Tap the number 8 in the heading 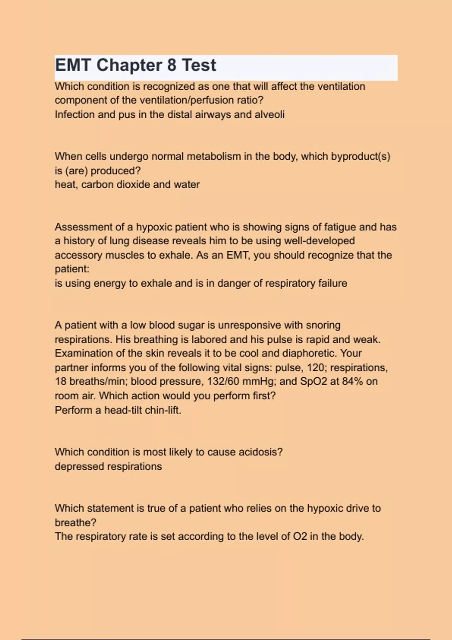click(x=171, y=65)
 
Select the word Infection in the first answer click(x=75, y=114)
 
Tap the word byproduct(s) click(x=360, y=156)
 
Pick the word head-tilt click(x=123, y=410)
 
